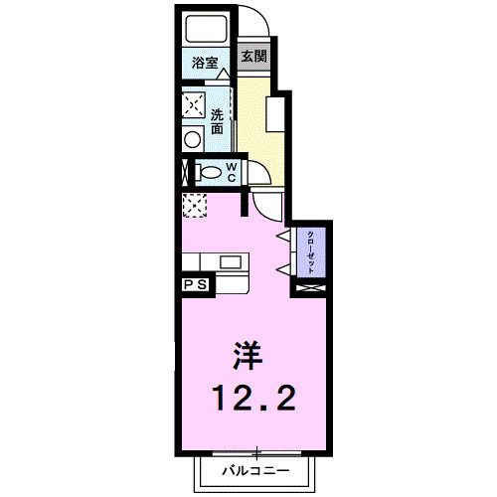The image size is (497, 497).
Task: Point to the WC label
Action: pyautogui.click(x=230, y=172)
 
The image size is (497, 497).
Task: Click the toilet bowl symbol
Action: pyautogui.click(x=209, y=173)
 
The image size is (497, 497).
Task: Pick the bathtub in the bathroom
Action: pyautogui.click(x=206, y=29)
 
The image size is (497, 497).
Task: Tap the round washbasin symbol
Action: pyautogui.click(x=193, y=140)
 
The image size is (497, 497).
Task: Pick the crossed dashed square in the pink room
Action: pyautogui.click(x=194, y=205)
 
